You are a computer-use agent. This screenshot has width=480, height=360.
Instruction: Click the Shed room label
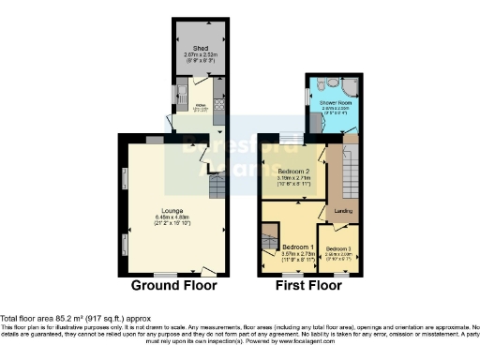point(200,48)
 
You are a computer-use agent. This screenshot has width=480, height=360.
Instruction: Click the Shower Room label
point(334,101)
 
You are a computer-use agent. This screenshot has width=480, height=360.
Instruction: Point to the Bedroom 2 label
point(292,170)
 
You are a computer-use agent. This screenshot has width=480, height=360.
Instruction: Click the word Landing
point(344,209)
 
